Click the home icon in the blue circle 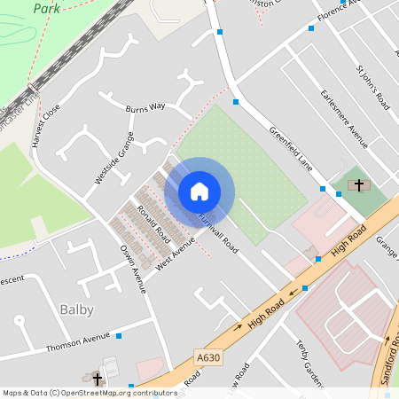199,191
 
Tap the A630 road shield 207,357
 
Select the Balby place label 76,309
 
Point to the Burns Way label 145,106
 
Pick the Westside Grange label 114,159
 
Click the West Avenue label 175,252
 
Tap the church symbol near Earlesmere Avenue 358,186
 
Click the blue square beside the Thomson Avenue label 119,336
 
